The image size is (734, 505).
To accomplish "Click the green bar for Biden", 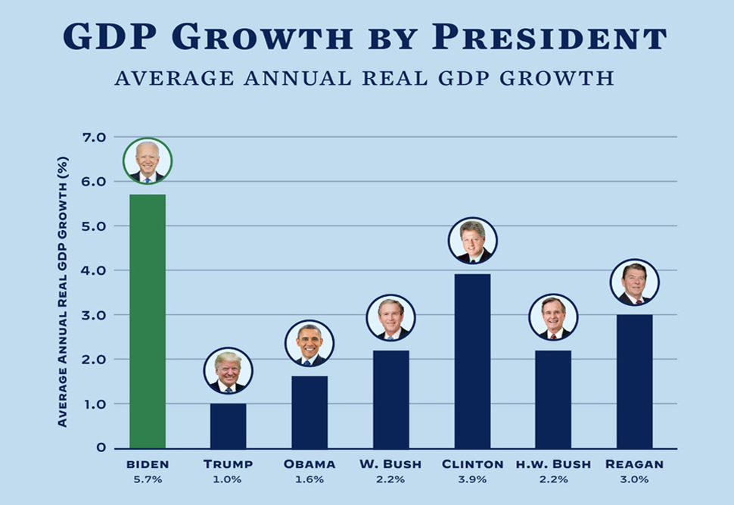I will (x=148, y=321).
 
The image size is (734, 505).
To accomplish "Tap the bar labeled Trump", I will (x=228, y=426).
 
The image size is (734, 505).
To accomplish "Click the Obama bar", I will (x=309, y=412).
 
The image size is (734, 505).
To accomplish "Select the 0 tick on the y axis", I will (x=101, y=447).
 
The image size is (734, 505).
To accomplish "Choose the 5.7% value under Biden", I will (x=148, y=479).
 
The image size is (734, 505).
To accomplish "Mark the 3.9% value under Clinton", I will (x=472, y=479).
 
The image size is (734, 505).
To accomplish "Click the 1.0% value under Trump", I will (x=228, y=479).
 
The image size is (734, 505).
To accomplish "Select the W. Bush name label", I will (x=391, y=464).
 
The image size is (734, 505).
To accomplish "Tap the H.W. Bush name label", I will (x=553, y=464).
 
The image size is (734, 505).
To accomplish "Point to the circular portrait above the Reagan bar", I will (x=634, y=283).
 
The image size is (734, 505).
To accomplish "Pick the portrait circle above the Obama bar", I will (x=309, y=344).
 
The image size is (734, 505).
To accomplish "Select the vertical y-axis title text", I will (x=63, y=291).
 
